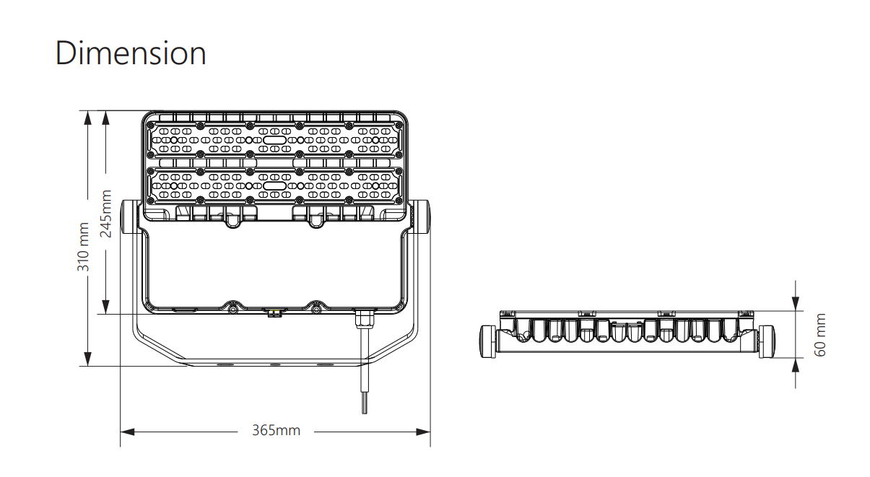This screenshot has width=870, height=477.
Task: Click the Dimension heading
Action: pyautogui.click(x=131, y=53)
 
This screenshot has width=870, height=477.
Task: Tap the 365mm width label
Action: pyautogui.click(x=276, y=430)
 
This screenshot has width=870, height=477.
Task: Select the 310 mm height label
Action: pyautogui.click(x=83, y=247)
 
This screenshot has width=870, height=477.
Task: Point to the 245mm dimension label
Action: pyautogui.click(x=105, y=214)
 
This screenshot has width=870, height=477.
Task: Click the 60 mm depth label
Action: pyautogui.click(x=819, y=335)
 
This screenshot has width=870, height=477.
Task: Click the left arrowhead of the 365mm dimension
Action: pyautogui.click(x=127, y=432)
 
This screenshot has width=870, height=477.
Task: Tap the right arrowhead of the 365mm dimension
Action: pyautogui.click(x=423, y=432)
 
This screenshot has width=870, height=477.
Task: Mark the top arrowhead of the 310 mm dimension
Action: pyautogui.click(x=88, y=118)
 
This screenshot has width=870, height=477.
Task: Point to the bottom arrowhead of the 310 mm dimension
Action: pyautogui.click(x=88, y=359)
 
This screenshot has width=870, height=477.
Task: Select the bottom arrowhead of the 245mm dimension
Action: pyautogui.click(x=105, y=307)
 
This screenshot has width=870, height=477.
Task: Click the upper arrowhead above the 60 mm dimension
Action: pyautogui.click(x=796, y=304)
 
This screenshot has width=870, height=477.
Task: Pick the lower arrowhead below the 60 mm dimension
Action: pyautogui.click(x=796, y=365)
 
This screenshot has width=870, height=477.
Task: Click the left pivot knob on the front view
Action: pyautogui.click(x=129, y=217)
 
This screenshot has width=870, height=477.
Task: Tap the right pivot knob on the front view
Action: pyautogui.click(x=421, y=217)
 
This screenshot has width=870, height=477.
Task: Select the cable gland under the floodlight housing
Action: pyautogui.click(x=365, y=319)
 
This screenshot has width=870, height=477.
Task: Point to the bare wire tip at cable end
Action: pyautogui.click(x=365, y=408)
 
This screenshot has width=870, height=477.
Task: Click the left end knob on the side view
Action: pyautogui.click(x=488, y=341)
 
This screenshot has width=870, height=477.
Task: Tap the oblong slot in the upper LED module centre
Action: pyautogui.click(x=274, y=140)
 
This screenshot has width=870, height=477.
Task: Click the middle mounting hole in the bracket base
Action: pyautogui.click(x=276, y=365)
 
